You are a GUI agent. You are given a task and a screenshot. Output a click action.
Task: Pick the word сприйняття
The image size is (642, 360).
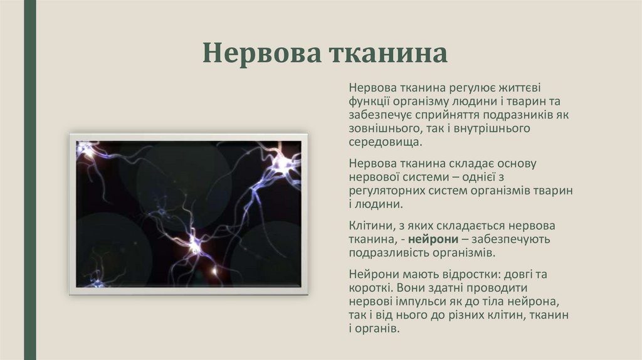tap(451, 115)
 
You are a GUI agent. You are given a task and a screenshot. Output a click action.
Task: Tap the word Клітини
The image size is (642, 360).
tap(370, 225)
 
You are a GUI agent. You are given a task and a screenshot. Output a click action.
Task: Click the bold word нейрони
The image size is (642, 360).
tap(438, 239)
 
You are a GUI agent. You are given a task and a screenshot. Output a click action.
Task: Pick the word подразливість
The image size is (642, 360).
tap(390, 253)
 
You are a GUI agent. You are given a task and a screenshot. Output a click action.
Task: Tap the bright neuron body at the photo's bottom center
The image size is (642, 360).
tap(193, 246)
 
